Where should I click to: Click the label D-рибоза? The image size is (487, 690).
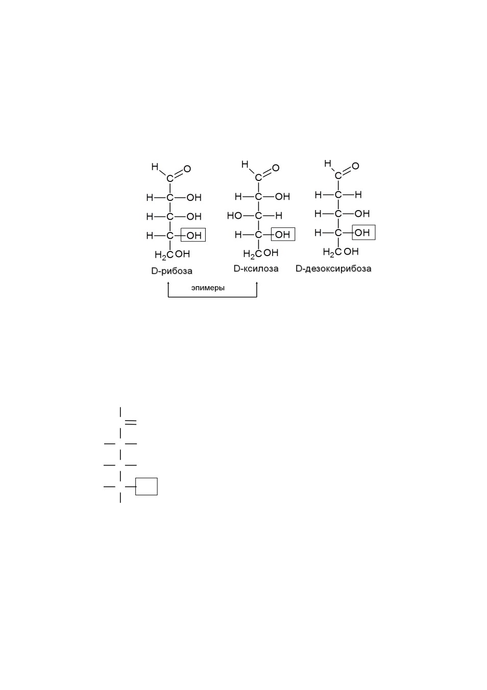tap(172, 271)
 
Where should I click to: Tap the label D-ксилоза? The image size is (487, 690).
tap(256, 269)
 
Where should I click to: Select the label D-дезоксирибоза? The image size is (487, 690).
tap(333, 269)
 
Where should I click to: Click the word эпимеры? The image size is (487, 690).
tap(208, 288)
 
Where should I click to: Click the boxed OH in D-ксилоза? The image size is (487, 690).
tap(283, 234)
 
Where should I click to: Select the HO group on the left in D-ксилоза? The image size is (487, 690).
tap(234, 216)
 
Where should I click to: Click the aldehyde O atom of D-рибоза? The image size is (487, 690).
tap(187, 169)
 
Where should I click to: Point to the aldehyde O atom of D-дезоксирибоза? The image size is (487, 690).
tap(355, 166)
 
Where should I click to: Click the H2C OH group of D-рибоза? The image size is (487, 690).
tap(172, 255)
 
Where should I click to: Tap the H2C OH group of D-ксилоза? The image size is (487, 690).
tap(261, 254)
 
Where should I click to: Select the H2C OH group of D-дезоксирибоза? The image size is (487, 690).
tap(341, 252)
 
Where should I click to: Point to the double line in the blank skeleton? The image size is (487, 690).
tap(131, 422)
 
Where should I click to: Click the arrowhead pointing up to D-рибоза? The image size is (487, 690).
tap(168, 283)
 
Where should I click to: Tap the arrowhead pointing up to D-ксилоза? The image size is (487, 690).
tap(257, 283)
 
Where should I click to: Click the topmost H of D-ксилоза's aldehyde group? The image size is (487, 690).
tap(245, 164)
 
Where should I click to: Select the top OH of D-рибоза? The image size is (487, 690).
tap(194, 197)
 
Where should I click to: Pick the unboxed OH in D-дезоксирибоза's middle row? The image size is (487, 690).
tap(362, 214)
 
